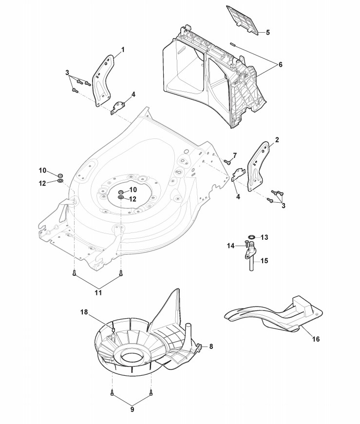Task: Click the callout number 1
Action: point(123,50)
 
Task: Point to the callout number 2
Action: point(277,140)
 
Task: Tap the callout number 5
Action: point(267,33)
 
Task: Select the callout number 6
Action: point(280,64)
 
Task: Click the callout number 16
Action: point(316,339)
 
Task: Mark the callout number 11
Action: point(98,293)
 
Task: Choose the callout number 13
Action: point(265,237)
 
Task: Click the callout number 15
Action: point(265,261)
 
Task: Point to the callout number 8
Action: point(211,347)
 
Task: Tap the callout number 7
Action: point(234,155)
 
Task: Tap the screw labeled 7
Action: point(227,161)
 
